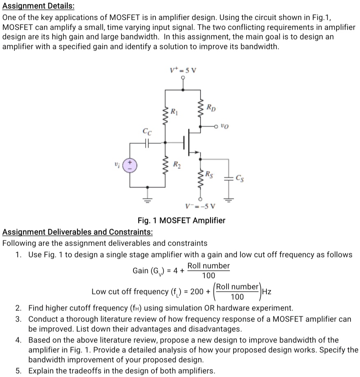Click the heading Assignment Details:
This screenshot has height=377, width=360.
coord(38,7)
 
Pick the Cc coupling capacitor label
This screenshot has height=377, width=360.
coord(147,132)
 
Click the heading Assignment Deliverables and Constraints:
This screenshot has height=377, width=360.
coord(78,232)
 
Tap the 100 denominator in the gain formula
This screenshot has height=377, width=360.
coord(208,275)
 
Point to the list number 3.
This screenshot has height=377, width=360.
coord(19,319)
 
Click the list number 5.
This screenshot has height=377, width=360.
coord(19,371)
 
